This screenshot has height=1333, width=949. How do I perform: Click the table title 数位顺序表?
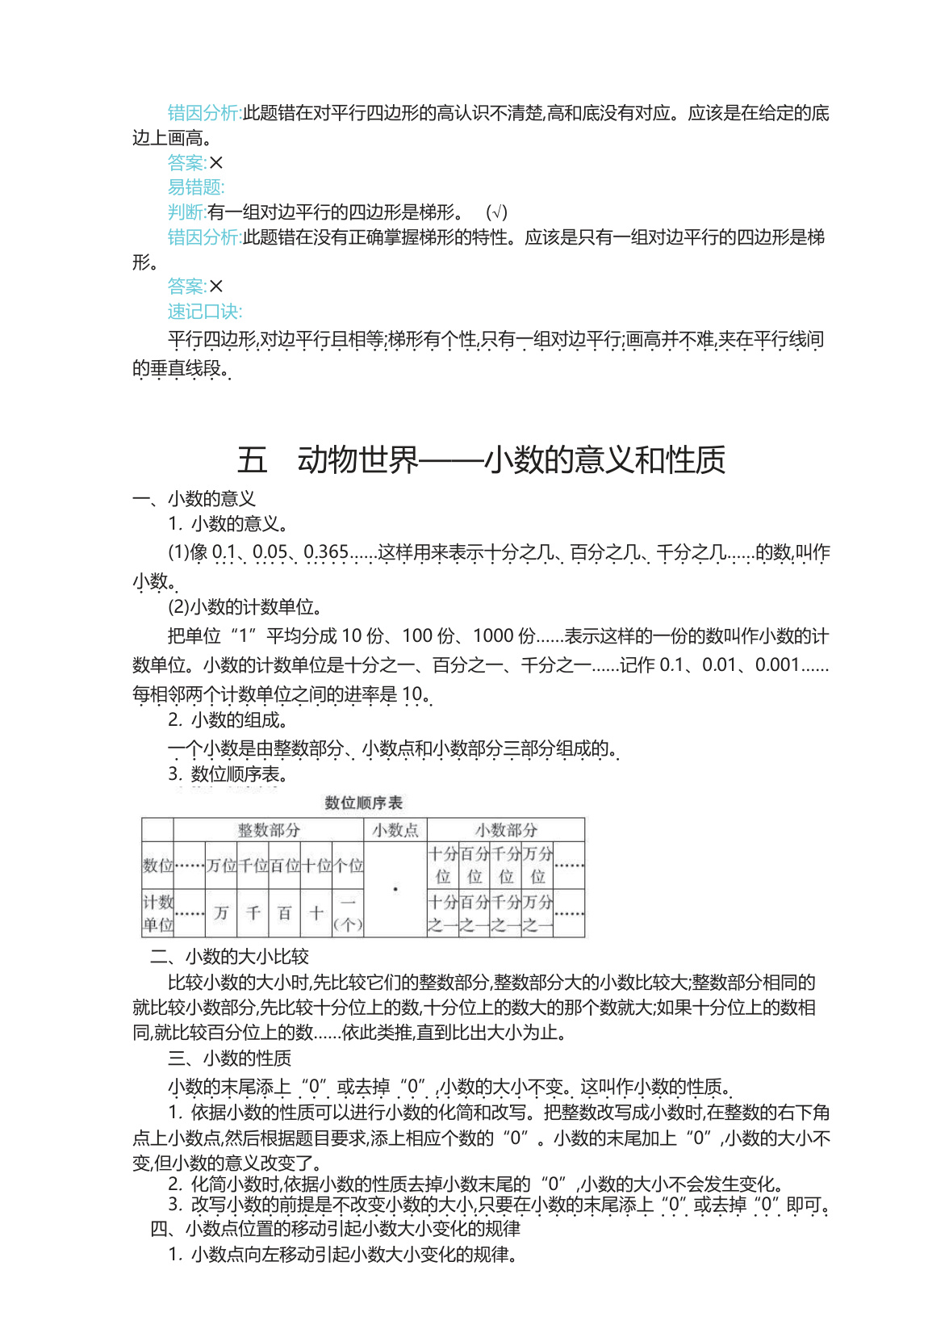tap(363, 803)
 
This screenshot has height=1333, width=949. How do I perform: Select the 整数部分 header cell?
tap(269, 830)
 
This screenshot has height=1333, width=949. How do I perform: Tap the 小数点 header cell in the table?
tap(395, 830)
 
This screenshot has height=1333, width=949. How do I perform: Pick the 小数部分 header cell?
tap(506, 830)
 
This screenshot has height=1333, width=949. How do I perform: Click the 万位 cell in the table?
tap(221, 866)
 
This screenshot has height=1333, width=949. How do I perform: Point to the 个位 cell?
tap(349, 866)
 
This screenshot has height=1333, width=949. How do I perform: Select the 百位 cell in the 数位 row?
tap(284, 866)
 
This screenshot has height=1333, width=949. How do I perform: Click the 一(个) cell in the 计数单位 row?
tap(349, 913)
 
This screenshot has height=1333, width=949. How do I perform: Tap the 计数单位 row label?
tap(157, 913)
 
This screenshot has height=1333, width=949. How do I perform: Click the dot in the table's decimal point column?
tap(395, 890)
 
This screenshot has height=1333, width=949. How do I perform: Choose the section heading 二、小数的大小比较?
tap(230, 957)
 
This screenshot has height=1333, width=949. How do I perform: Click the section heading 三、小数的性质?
tap(230, 1058)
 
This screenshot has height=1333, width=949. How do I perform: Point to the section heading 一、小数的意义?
tap(194, 499)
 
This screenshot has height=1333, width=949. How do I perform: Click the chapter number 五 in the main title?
tap(252, 460)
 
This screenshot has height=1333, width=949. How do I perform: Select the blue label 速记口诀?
tap(205, 312)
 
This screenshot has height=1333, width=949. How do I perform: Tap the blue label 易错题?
tap(196, 187)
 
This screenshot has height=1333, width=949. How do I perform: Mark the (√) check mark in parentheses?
tap(497, 212)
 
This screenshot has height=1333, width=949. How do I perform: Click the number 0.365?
tap(326, 552)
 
